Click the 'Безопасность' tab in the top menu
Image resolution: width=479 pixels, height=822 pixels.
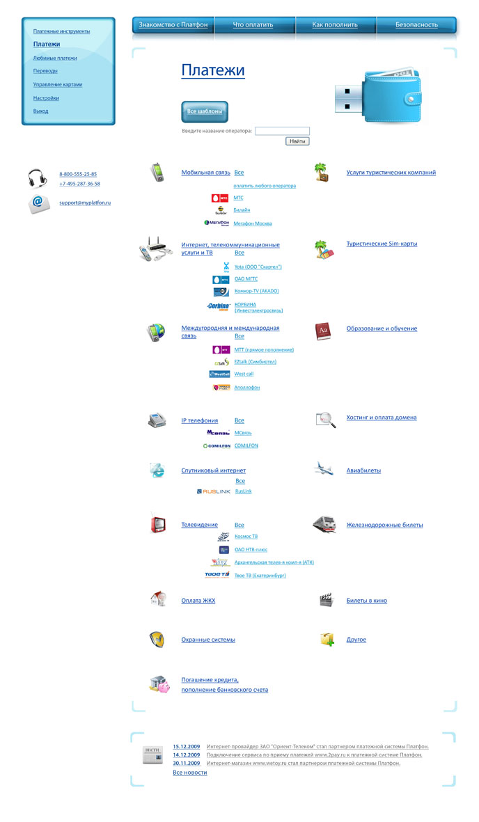click(x=416, y=25)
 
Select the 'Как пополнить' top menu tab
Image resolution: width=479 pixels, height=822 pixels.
click(x=335, y=25)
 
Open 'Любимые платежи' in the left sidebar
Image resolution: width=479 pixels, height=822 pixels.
click(x=55, y=58)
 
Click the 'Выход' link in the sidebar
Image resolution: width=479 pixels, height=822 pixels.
click(x=41, y=111)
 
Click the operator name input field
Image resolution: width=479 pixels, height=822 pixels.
click(x=282, y=131)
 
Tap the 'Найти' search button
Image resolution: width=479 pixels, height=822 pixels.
click(x=297, y=141)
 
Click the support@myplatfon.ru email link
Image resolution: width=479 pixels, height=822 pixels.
click(x=85, y=203)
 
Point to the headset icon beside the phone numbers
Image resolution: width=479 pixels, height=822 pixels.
click(x=38, y=179)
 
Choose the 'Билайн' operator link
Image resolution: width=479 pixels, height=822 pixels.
click(x=242, y=210)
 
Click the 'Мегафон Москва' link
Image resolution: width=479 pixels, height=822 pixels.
click(x=253, y=223)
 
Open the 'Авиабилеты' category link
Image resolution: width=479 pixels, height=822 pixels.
click(x=363, y=471)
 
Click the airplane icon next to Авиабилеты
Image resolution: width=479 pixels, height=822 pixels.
click(x=324, y=468)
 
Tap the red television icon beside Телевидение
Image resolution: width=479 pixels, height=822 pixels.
click(x=158, y=525)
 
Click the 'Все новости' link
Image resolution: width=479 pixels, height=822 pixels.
click(x=189, y=773)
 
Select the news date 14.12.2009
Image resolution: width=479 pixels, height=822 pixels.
click(x=187, y=754)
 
